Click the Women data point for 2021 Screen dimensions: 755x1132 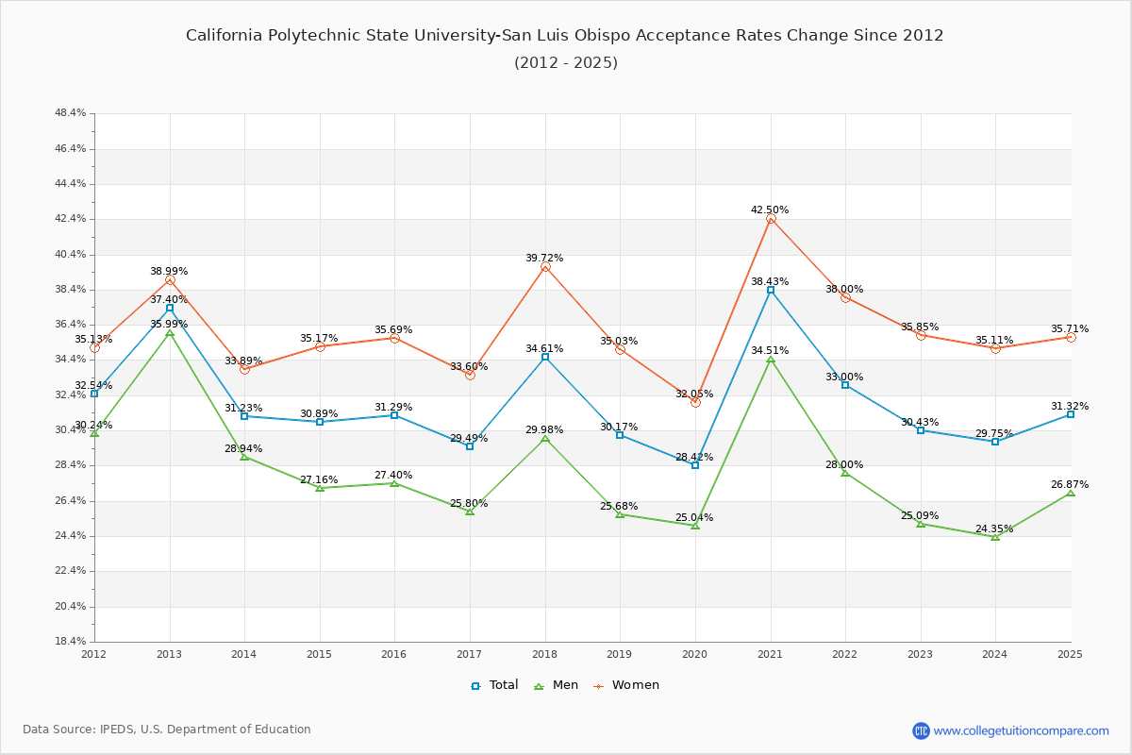click(771, 219)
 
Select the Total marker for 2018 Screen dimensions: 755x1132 click(545, 357)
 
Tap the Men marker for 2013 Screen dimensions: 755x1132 click(170, 333)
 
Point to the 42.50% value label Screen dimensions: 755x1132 click(770, 210)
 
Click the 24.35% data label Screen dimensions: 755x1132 click(994, 528)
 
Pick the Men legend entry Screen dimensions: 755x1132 click(555, 685)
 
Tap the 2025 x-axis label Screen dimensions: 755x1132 click(1070, 653)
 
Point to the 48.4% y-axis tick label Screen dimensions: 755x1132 click(71, 113)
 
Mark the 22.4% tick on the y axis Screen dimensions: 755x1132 click(71, 571)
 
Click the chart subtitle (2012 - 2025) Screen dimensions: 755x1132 click(566, 62)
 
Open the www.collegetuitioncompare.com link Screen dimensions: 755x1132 click(1022, 730)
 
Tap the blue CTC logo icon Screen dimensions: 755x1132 click(921, 730)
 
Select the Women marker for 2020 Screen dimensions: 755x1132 click(695, 402)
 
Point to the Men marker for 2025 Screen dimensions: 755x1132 click(1071, 493)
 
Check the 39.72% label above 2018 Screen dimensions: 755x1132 click(544, 258)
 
